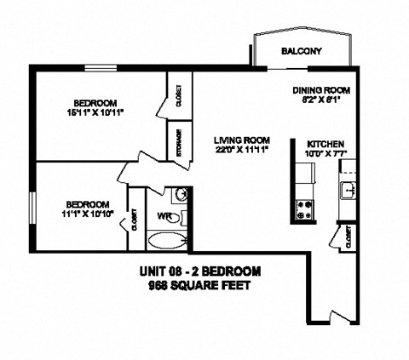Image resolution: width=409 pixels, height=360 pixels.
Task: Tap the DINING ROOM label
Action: pos(322,89)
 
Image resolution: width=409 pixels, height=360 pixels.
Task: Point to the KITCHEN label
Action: pos(325,145)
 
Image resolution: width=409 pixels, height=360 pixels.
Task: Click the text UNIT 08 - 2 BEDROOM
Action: pos(199,272)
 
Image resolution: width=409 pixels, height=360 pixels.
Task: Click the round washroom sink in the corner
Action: pos(180,193)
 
